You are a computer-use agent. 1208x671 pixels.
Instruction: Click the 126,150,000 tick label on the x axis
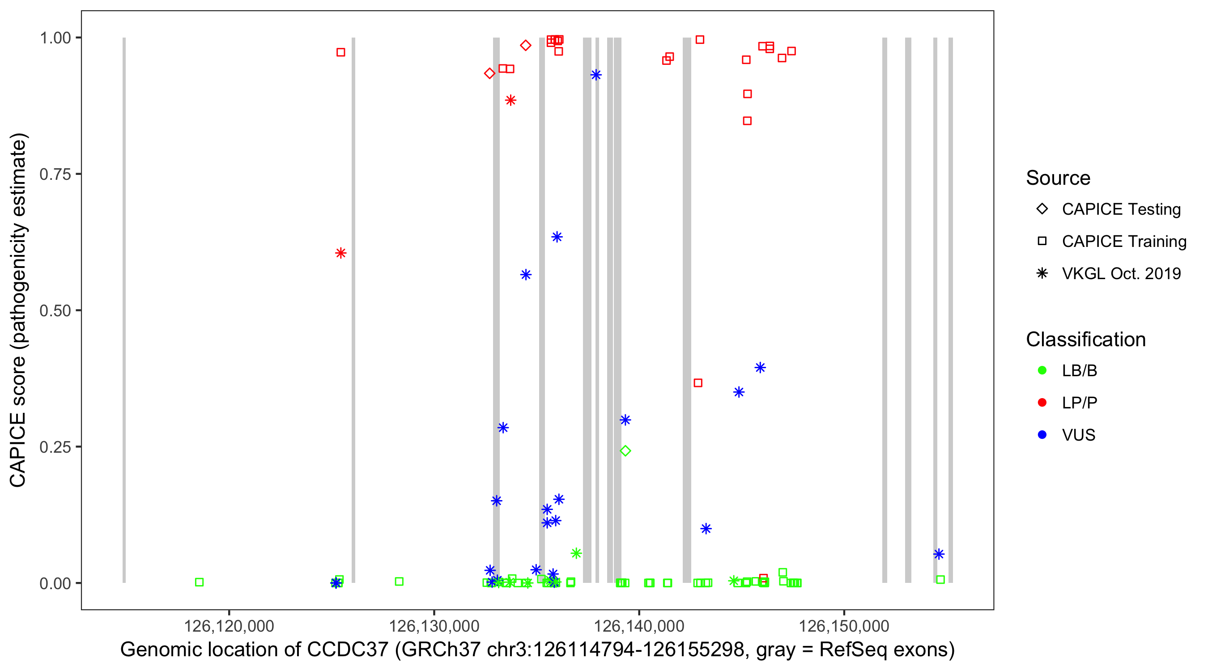click(844, 626)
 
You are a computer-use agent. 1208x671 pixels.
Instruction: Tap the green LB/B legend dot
click(1042, 370)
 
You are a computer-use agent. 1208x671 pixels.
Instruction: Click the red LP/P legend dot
click(1042, 403)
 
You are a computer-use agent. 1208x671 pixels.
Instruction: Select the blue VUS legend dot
click(1042, 435)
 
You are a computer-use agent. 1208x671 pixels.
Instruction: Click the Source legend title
click(1058, 178)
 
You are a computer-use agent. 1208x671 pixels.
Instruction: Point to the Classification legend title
click(1085, 340)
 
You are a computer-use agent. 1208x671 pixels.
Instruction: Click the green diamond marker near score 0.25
click(625, 451)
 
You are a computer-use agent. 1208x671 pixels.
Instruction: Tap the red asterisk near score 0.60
click(341, 253)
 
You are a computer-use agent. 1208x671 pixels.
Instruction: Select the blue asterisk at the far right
click(938, 554)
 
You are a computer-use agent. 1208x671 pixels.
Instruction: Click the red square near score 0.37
click(698, 383)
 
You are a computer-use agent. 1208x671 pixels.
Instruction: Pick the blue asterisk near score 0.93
click(596, 75)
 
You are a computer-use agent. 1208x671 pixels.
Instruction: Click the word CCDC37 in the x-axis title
click(348, 650)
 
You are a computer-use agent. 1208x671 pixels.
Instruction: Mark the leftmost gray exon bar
click(124, 310)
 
